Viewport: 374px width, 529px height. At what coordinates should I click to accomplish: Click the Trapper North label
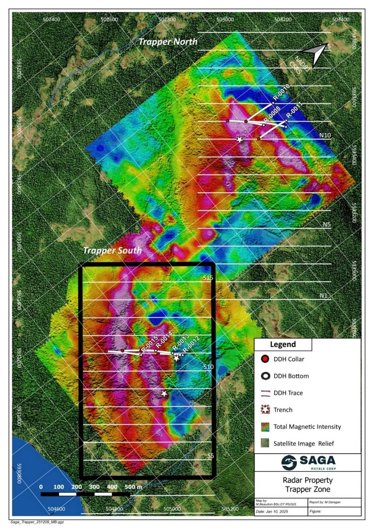[x=168, y=42]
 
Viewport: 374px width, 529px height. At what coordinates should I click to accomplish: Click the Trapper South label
[x=112, y=250]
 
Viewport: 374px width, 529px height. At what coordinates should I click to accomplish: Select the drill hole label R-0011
[x=294, y=110]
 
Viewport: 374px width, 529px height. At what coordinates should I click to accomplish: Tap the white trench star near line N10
[x=240, y=139]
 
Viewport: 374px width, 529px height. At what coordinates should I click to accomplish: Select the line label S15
[x=208, y=278]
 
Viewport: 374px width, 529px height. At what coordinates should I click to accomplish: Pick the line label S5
[x=210, y=456]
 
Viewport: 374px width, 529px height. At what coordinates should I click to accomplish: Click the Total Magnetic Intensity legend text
[x=307, y=426]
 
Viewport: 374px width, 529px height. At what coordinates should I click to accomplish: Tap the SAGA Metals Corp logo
[x=308, y=462]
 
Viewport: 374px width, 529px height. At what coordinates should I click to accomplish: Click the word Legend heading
[x=283, y=344]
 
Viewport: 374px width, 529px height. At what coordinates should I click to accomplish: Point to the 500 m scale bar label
[x=133, y=487]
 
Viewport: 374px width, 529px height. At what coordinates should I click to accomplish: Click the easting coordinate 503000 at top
[x=225, y=19]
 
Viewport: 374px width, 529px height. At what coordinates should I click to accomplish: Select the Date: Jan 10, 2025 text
[x=269, y=511]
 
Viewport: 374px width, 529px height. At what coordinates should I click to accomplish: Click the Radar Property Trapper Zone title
[x=307, y=485]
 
